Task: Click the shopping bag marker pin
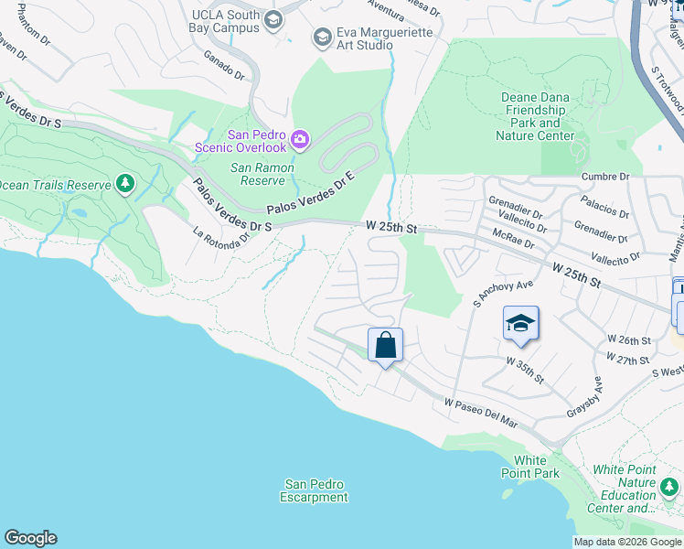click(x=385, y=346)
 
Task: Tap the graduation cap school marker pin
click(x=520, y=324)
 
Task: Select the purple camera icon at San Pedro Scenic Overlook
click(x=300, y=139)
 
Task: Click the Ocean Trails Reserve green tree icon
click(x=125, y=185)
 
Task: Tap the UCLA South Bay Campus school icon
click(x=272, y=20)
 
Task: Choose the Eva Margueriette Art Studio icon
click(x=321, y=37)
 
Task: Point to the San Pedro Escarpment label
click(x=315, y=490)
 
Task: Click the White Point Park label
click(x=529, y=467)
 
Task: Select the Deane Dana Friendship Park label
click(x=536, y=116)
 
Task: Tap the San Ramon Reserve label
click(x=262, y=174)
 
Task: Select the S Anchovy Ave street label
click(x=490, y=293)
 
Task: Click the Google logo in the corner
click(x=30, y=538)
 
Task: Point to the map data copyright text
click(x=626, y=542)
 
